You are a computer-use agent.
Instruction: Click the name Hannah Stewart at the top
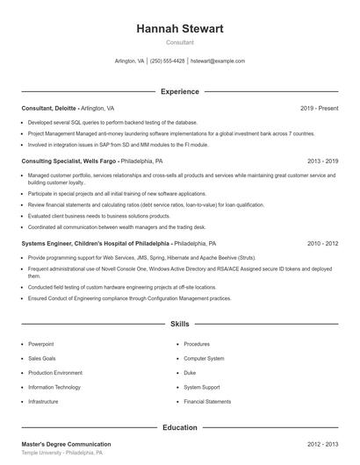click(x=180, y=29)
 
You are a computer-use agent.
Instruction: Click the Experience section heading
click(x=180, y=91)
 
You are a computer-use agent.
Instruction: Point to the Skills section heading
click(x=180, y=324)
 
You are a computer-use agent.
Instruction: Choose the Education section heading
click(x=180, y=427)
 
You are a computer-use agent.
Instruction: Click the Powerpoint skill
click(x=41, y=344)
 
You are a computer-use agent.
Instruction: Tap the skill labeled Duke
click(x=190, y=373)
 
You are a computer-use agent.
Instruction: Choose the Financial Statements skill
click(x=207, y=401)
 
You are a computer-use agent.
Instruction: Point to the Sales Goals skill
click(x=42, y=358)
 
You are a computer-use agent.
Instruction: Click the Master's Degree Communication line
click(x=67, y=445)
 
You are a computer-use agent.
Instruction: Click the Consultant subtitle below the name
click(x=180, y=42)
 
